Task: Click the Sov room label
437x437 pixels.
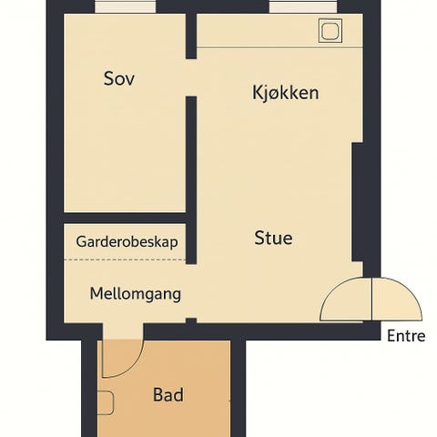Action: click(x=119, y=78)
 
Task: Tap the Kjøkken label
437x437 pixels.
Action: click(x=285, y=93)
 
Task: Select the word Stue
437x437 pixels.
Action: click(x=273, y=239)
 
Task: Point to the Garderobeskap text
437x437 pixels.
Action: click(x=127, y=243)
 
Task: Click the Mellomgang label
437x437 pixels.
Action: click(x=135, y=294)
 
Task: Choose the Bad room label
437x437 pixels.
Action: click(x=168, y=395)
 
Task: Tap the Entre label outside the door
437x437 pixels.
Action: click(x=406, y=336)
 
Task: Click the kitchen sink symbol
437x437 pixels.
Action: click(x=330, y=31)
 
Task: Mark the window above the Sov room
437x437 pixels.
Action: click(x=125, y=7)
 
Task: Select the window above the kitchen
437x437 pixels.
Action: click(x=302, y=7)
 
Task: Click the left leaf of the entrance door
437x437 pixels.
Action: click(x=347, y=300)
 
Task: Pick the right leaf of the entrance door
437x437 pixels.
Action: click(x=397, y=300)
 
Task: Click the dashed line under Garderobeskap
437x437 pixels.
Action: click(x=125, y=259)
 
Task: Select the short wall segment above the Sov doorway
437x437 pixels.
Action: click(x=191, y=36)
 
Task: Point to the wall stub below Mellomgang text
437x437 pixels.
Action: click(x=191, y=320)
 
